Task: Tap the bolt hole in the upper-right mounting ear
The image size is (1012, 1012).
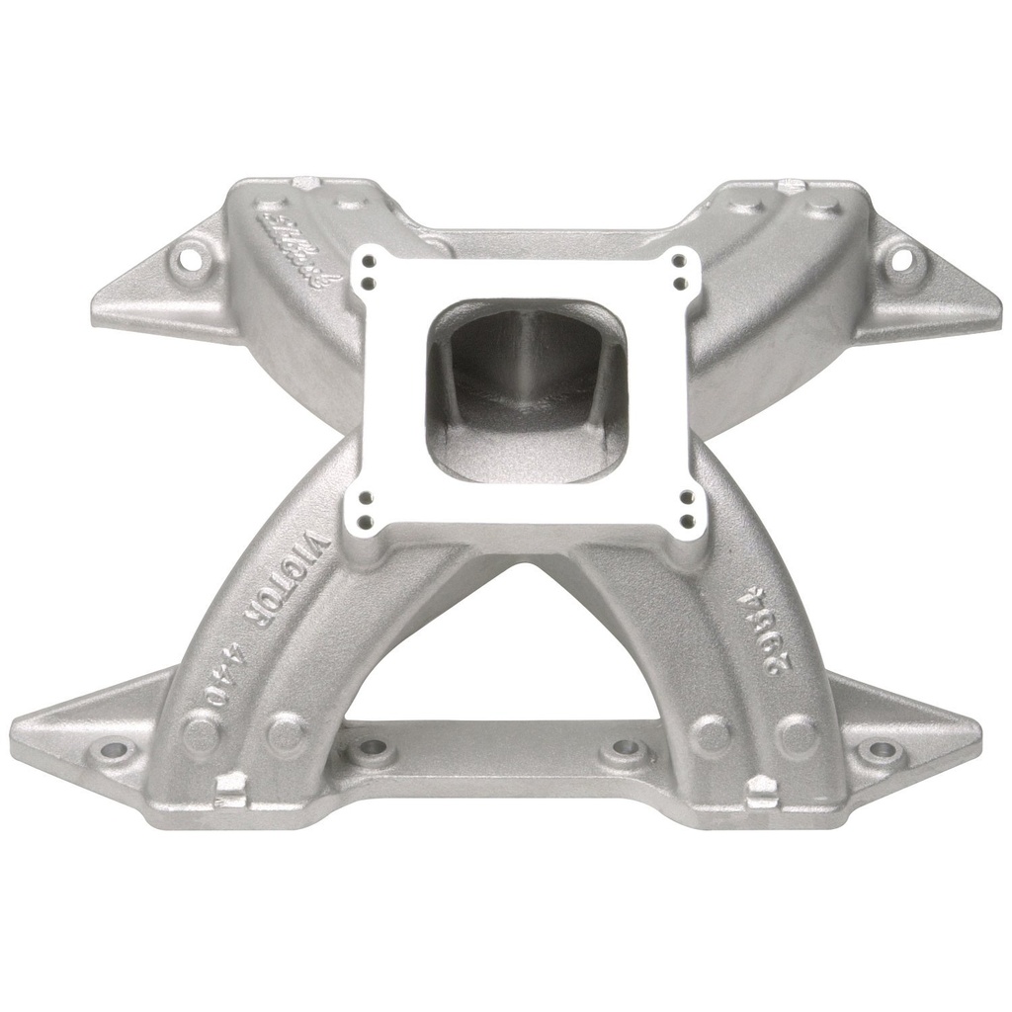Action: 902,260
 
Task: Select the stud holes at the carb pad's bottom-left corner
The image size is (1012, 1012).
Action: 366,506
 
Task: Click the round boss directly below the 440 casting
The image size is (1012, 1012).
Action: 202,734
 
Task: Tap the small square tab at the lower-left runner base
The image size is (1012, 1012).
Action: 229,787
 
